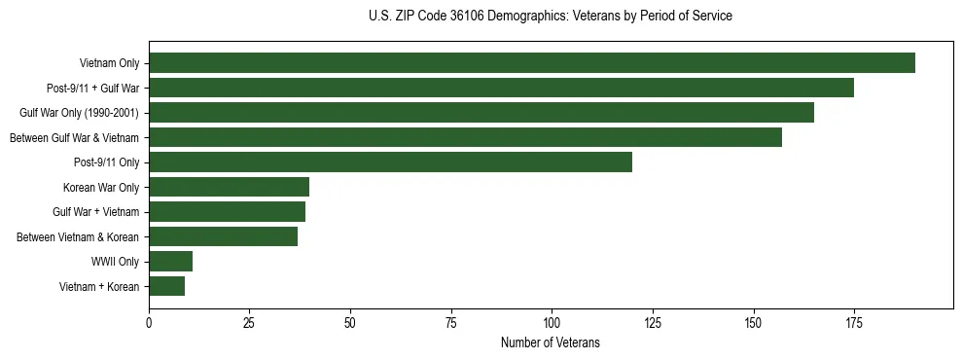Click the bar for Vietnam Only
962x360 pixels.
[x=531, y=63]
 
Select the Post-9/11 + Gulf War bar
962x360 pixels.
[x=501, y=88]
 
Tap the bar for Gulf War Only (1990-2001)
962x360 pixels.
[x=481, y=113]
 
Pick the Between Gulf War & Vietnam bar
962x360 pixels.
[x=465, y=137]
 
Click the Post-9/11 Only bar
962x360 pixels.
[x=390, y=162]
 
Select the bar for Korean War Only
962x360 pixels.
[x=229, y=187]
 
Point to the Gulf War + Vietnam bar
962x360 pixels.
[x=227, y=211]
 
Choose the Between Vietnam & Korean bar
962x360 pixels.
[x=223, y=236]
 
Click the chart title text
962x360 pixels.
[x=551, y=17]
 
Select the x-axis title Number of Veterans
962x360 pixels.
[x=551, y=342]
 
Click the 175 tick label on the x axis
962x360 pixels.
[x=853, y=322]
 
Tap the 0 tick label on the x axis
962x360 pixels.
[x=149, y=322]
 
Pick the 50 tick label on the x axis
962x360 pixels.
[x=350, y=322]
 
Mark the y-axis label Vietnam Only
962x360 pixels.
[x=109, y=63]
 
